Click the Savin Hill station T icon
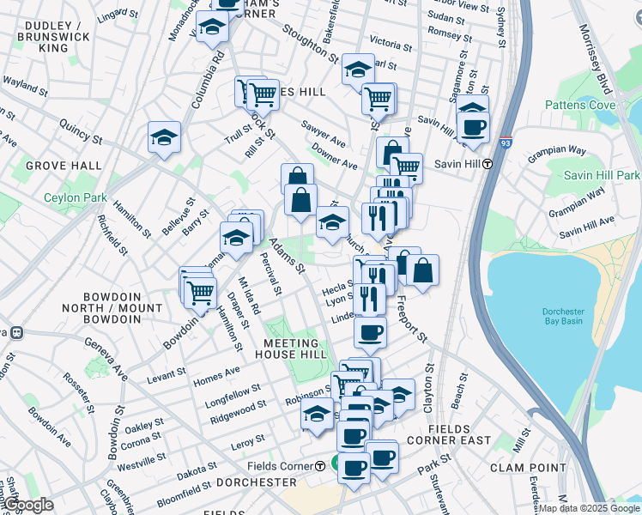point(488,164)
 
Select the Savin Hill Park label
point(602,175)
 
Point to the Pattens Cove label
point(580,105)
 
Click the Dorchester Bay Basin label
point(562,316)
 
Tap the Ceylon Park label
point(76,197)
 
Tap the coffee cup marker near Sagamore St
point(472,128)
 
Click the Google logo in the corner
point(28,506)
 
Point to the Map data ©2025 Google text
point(589,508)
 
